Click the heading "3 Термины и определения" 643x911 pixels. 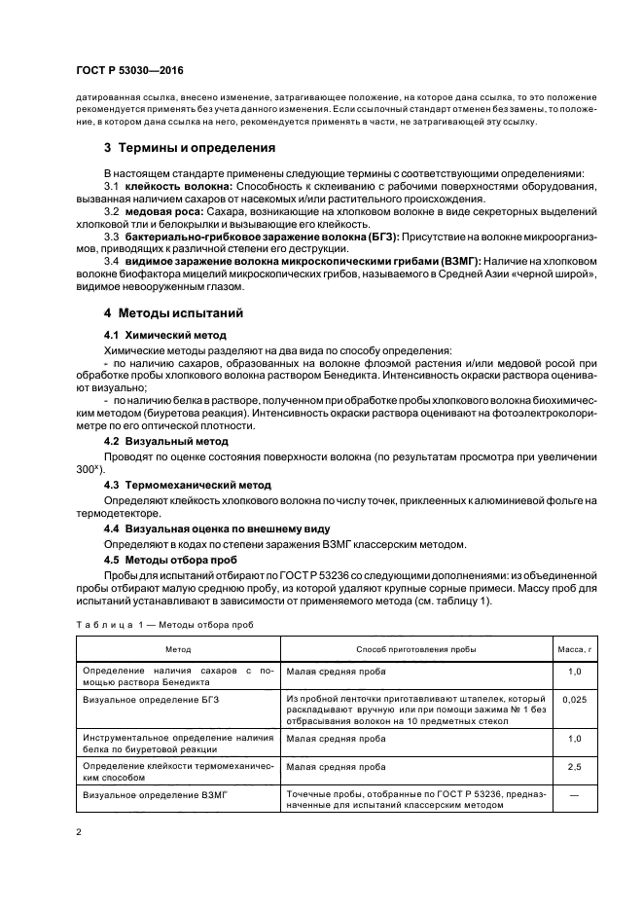190,148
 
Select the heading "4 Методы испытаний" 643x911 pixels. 173,313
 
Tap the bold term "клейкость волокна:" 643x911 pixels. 177,185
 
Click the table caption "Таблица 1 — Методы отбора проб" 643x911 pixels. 163,623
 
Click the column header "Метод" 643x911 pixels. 177,647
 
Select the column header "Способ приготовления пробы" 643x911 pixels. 416,647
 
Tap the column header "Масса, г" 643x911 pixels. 574,647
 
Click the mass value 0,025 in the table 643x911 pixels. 574,698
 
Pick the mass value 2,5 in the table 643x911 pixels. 574,767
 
